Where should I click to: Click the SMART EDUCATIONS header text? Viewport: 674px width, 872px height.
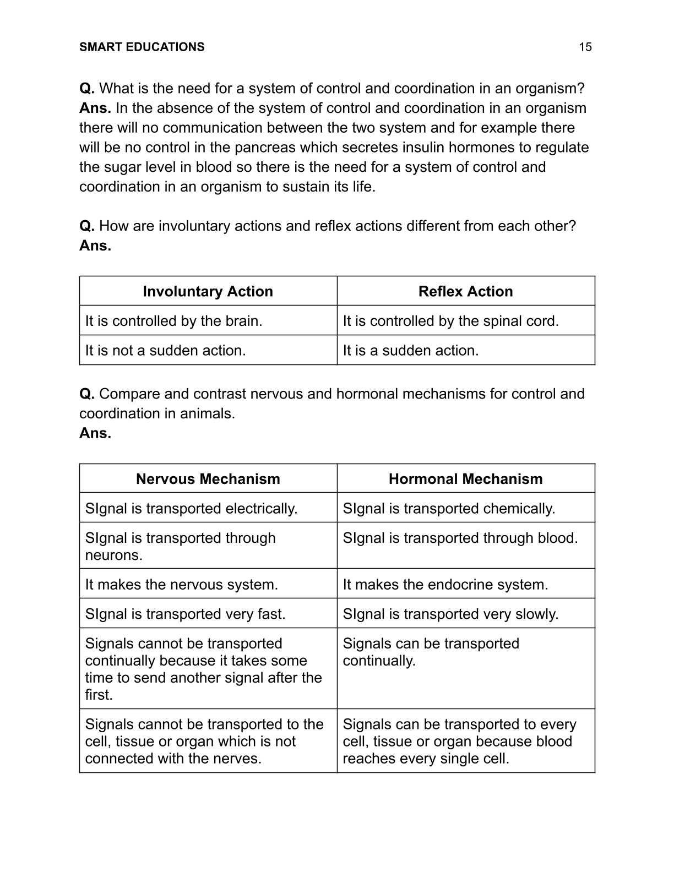coord(142,47)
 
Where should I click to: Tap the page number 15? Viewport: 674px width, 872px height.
coord(585,47)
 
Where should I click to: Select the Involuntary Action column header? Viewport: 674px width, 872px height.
coord(208,291)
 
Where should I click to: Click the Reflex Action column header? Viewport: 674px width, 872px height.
coord(465,291)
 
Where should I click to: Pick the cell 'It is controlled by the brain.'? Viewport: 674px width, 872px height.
coord(173,321)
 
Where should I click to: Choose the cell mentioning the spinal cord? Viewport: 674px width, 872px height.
coord(450,321)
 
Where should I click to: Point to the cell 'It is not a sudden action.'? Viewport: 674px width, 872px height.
coord(165,351)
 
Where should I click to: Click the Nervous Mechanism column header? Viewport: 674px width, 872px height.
coord(208,479)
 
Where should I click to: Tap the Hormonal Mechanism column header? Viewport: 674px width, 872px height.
coord(465,479)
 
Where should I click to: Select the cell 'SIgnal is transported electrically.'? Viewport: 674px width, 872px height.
coord(191,509)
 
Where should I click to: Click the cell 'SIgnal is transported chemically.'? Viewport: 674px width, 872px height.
coord(449,509)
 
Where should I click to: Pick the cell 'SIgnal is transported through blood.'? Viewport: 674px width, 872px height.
coord(460,538)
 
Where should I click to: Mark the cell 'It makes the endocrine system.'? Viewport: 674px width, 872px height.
coord(445,585)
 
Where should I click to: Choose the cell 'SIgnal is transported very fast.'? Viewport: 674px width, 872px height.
coord(185,614)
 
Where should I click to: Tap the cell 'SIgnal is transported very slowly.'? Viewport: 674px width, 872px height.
coord(450,614)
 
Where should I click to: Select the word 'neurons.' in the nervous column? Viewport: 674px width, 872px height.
coord(113,555)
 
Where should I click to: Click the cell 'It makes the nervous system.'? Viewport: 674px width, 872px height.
coord(181,585)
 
